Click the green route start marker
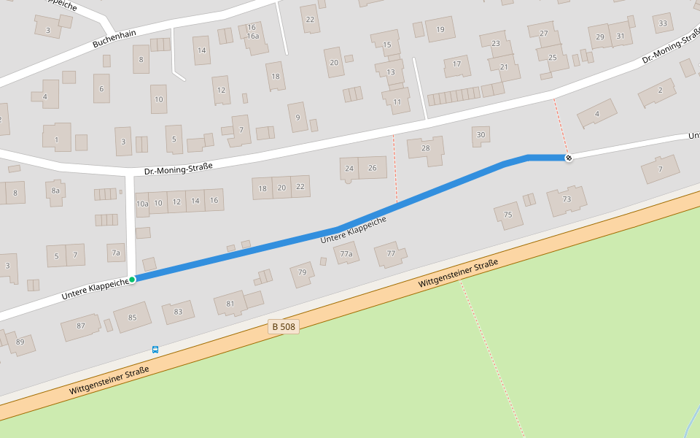coord(132,280)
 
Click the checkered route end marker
coord(569,158)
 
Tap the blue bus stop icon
coord(155,350)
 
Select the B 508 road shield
coord(284,327)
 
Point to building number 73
coord(567,199)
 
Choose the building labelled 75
coord(508,215)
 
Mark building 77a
coord(346,254)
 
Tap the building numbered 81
coord(231,303)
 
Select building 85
coord(132,317)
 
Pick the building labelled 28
coord(426,148)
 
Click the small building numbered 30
coord(481,135)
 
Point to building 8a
coord(55,191)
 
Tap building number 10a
coord(142,203)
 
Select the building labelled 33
coord(663,23)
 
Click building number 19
coord(440,29)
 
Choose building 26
coord(373,168)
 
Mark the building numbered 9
coord(297,117)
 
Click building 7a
coord(116,253)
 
